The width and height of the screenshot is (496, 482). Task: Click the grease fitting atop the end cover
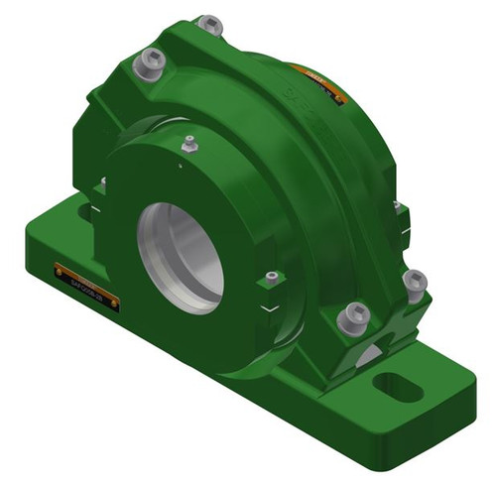[x=190, y=146]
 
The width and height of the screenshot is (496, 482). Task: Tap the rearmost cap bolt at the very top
[x=210, y=23]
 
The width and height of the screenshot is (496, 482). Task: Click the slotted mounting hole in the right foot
[x=397, y=385]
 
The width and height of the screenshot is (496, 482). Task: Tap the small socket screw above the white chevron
[x=271, y=278]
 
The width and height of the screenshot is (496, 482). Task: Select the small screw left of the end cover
[x=103, y=182]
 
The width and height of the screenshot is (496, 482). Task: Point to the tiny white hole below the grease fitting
[x=179, y=167]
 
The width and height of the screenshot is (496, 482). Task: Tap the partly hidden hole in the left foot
[x=79, y=210]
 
